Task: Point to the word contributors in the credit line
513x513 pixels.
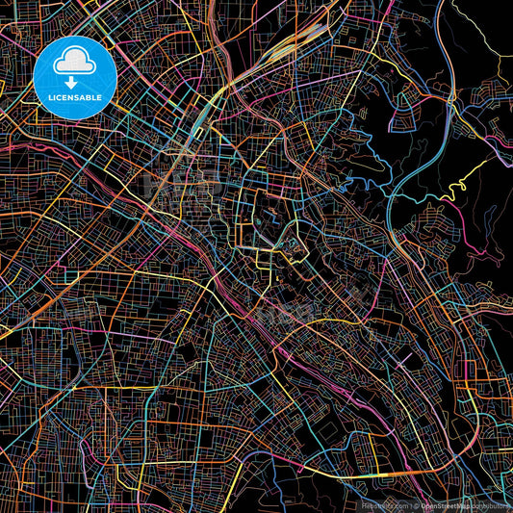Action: [x=491, y=505]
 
